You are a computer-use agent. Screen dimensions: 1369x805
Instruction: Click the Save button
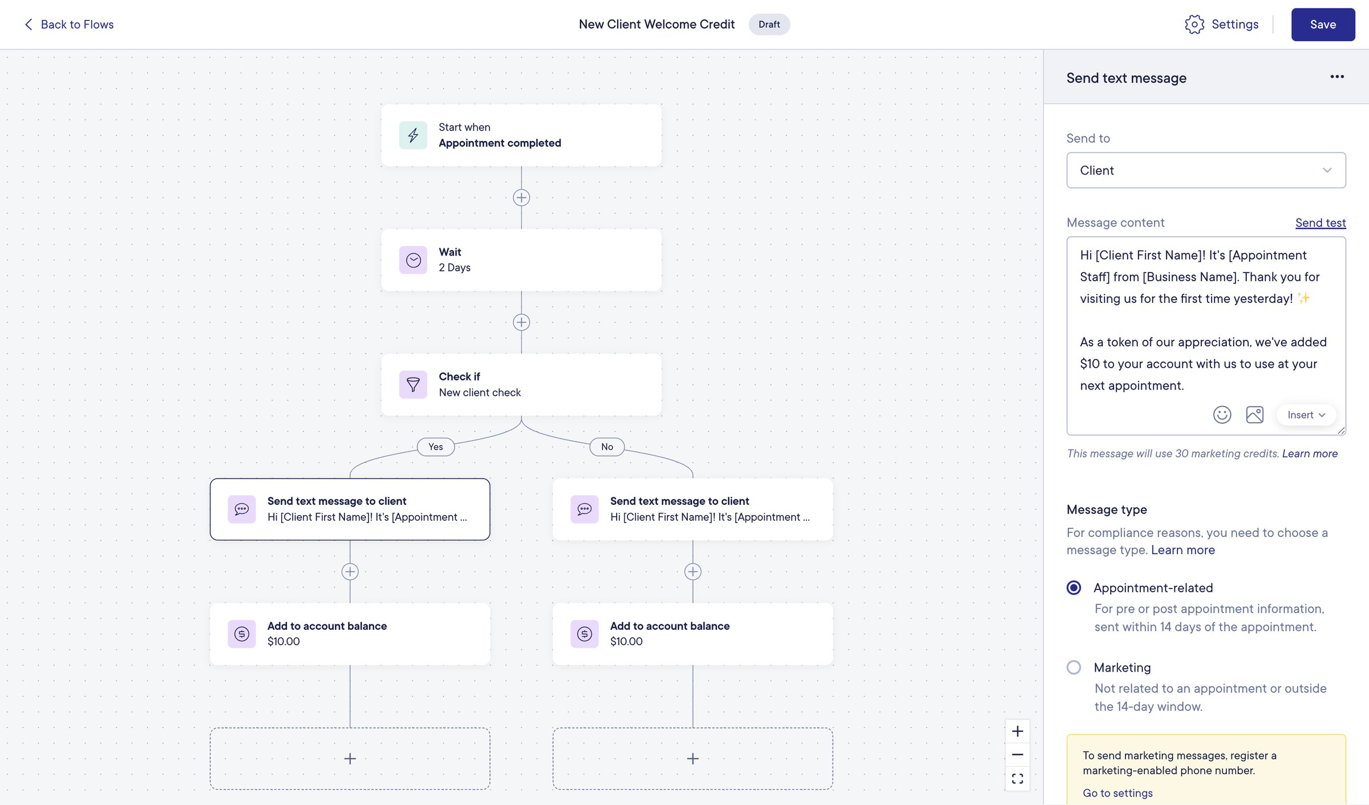[x=1323, y=25]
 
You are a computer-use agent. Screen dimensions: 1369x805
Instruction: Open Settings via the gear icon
[x=1194, y=25]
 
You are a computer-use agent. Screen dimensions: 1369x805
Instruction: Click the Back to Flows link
[x=69, y=25]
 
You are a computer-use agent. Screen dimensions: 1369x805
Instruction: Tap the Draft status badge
[x=769, y=25]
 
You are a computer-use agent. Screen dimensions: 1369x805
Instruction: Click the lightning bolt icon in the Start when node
[x=413, y=135]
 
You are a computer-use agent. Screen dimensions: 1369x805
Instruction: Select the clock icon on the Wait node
[x=413, y=260]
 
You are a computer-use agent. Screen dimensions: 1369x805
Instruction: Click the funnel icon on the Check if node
[x=413, y=385]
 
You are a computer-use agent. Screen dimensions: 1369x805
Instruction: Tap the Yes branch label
[x=436, y=447]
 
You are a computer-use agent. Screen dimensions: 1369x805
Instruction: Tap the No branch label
[x=607, y=447]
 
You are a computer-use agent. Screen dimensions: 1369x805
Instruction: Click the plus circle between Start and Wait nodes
[x=521, y=198]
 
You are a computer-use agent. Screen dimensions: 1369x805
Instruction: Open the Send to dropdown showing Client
[x=1206, y=170]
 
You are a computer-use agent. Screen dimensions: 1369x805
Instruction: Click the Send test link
[x=1321, y=223]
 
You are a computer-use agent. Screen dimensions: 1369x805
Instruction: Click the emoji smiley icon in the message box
[x=1222, y=415]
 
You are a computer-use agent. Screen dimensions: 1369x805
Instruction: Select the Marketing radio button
[x=1074, y=668]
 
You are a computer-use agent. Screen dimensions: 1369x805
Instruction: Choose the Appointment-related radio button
[x=1074, y=588]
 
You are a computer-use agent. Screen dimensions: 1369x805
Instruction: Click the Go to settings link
[x=1117, y=793]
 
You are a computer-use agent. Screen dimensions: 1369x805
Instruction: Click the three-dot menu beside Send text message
[x=1337, y=77]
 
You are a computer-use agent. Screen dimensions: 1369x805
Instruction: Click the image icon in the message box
[x=1254, y=415]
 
